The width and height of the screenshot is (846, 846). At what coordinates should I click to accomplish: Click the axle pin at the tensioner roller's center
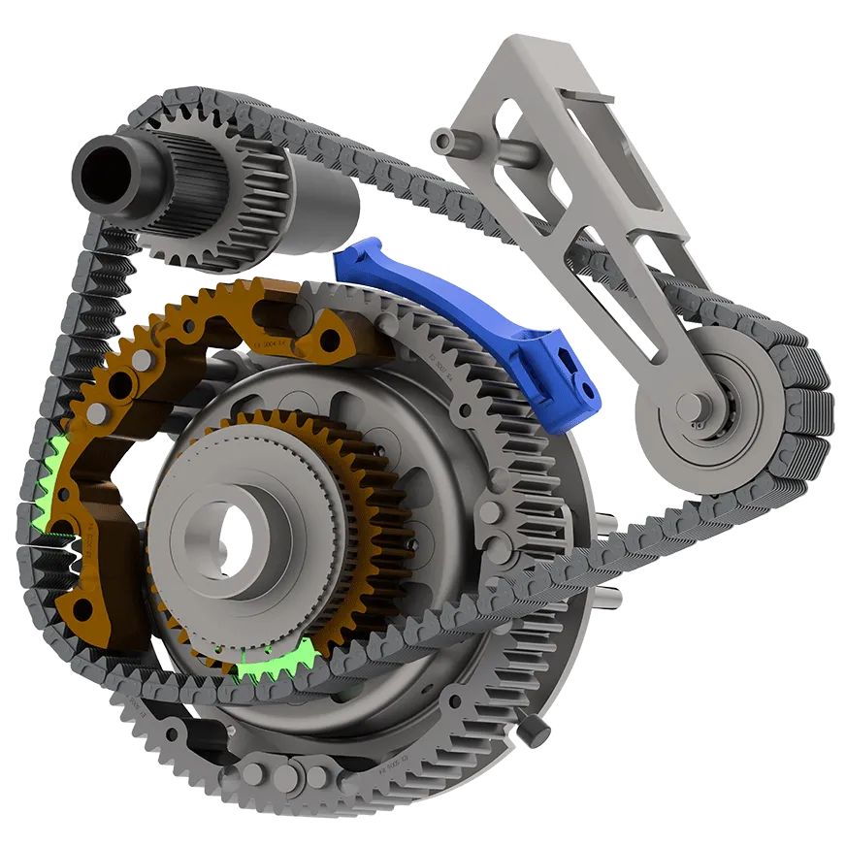click(x=698, y=423)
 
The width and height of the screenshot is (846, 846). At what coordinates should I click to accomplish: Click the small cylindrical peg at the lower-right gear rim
click(x=533, y=728)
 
